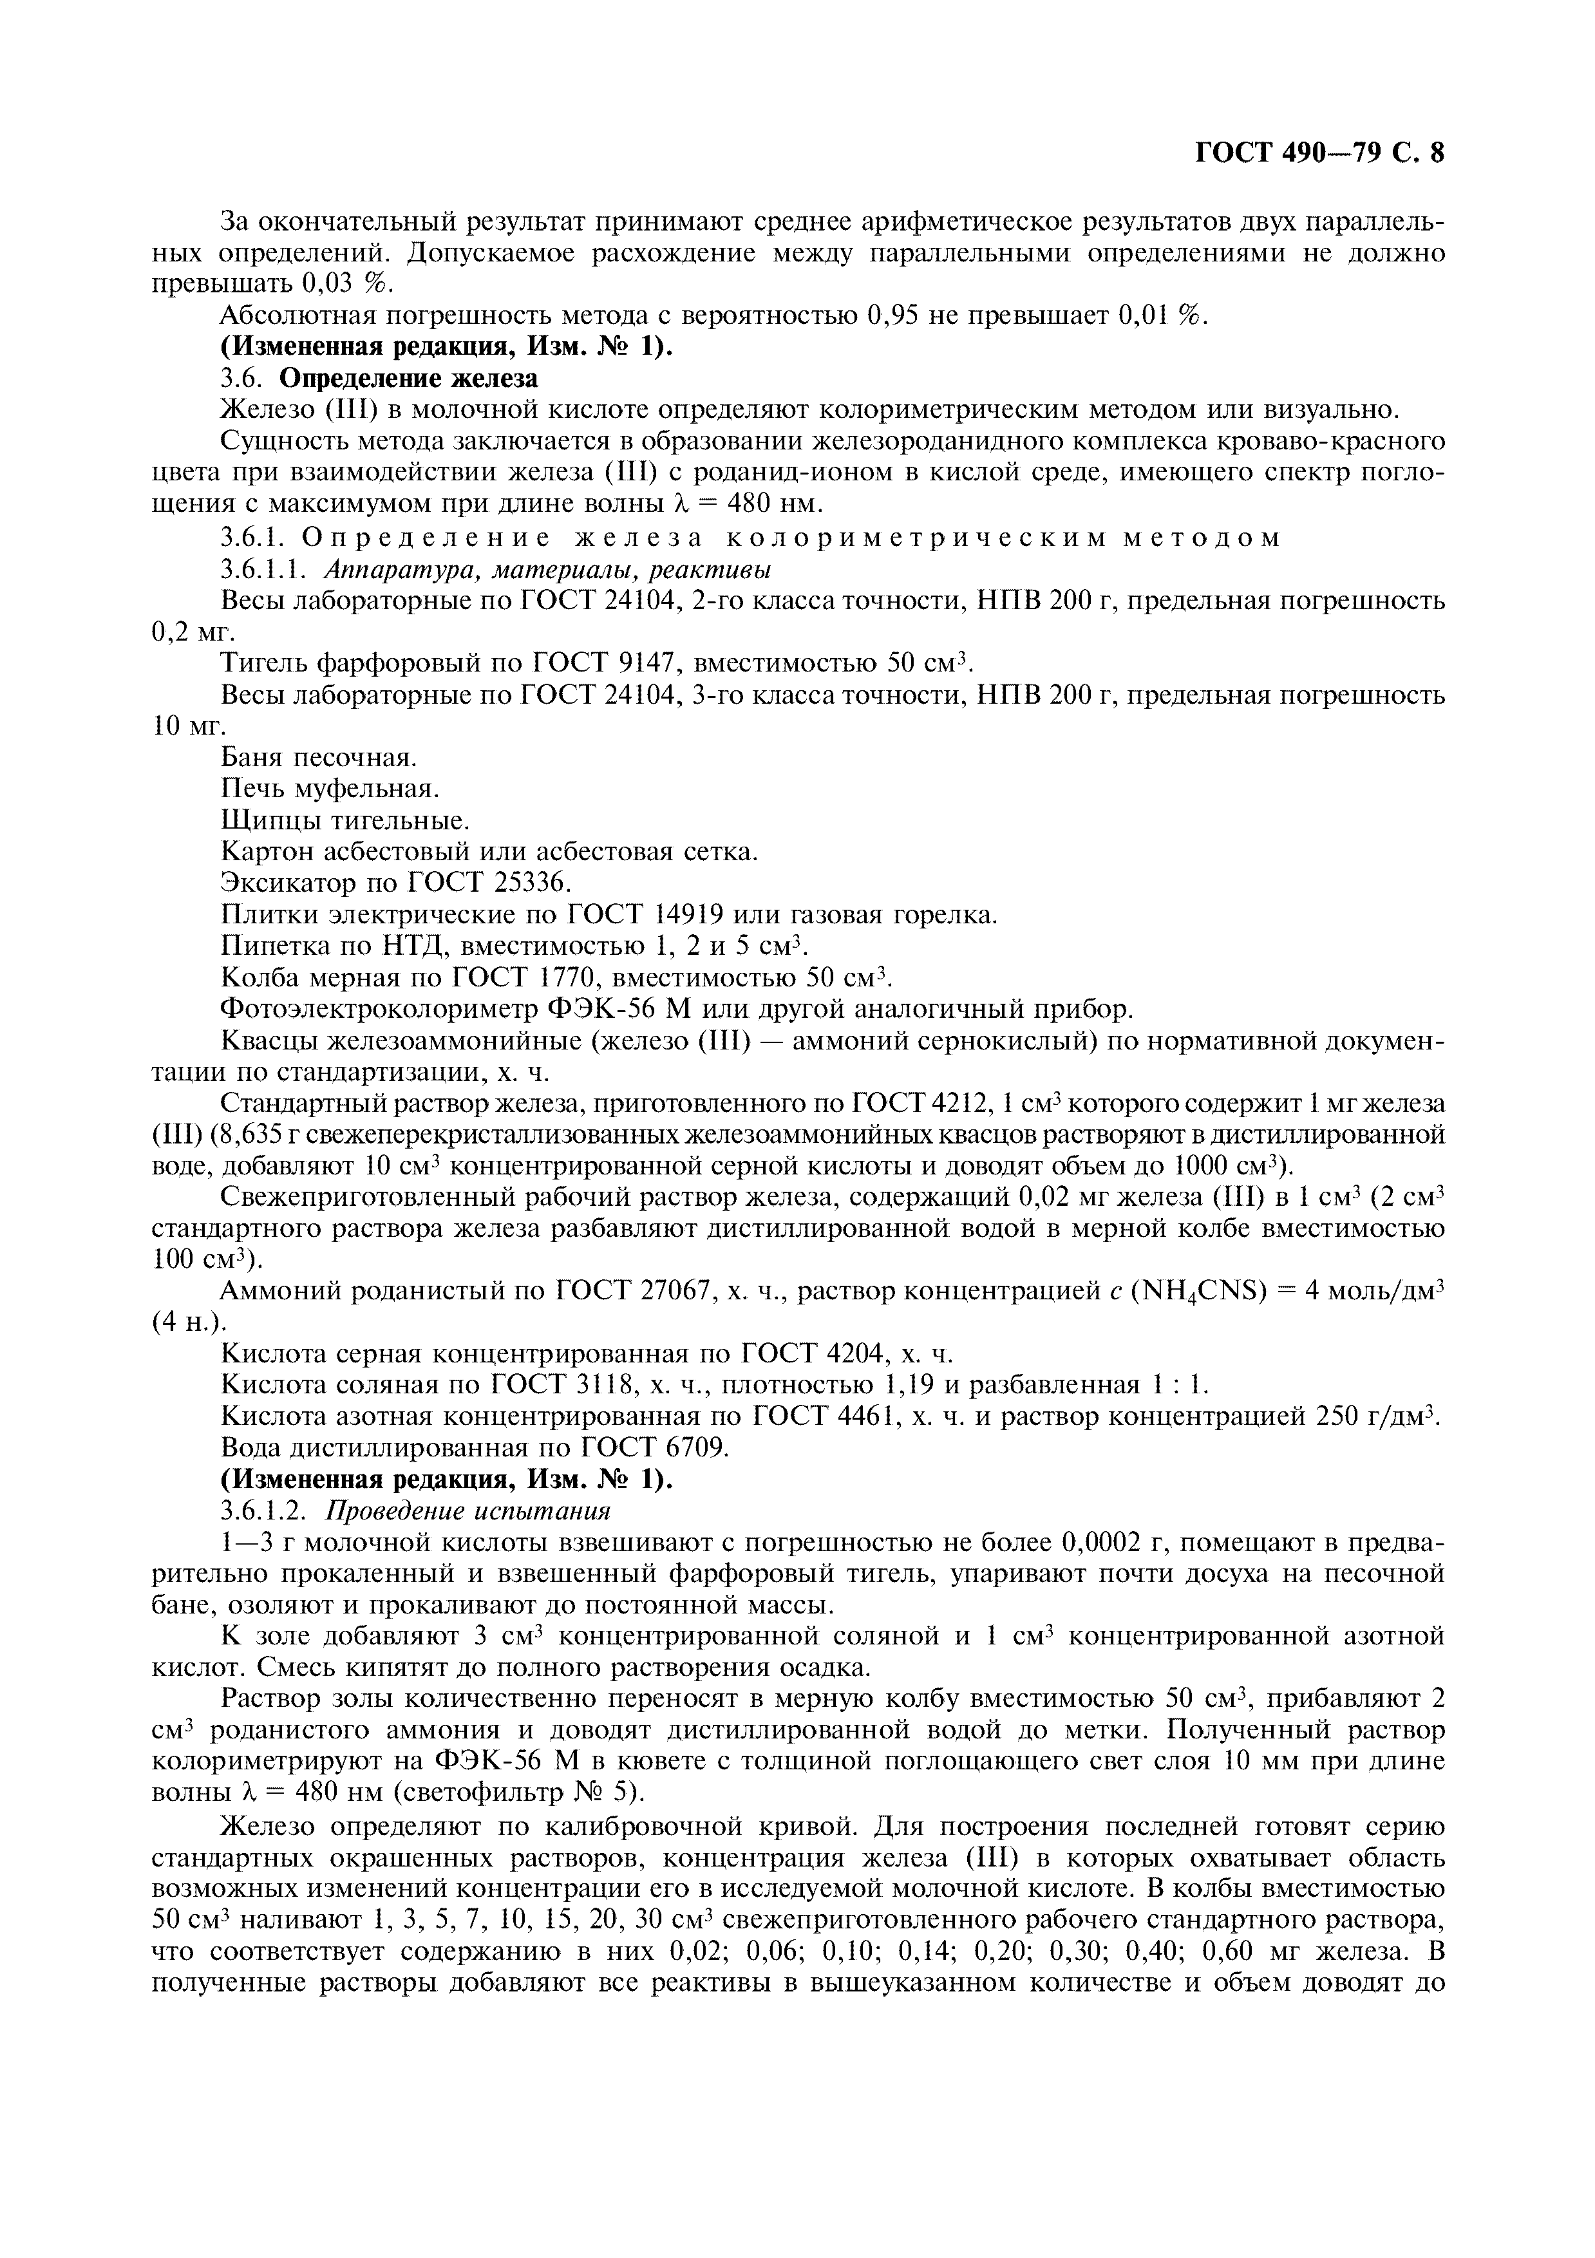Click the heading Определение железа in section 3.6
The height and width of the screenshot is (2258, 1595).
click(409, 378)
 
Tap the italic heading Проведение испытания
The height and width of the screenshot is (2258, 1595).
click(468, 1510)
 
